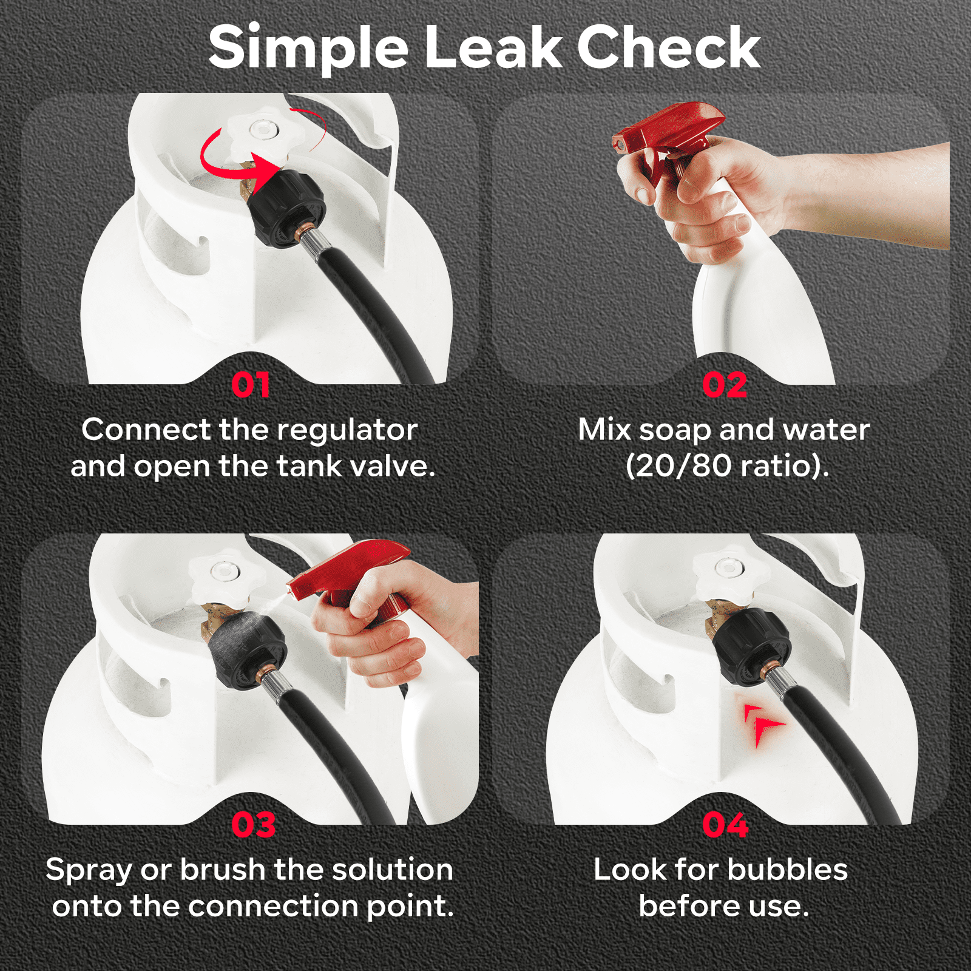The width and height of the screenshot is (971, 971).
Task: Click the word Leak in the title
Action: pyautogui.click(x=494, y=48)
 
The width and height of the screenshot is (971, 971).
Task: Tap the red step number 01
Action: pyautogui.click(x=251, y=385)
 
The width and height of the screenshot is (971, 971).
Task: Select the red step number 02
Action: pyautogui.click(x=725, y=385)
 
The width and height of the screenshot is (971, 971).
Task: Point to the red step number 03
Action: pyautogui.click(x=254, y=825)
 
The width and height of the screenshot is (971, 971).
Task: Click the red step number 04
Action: pyautogui.click(x=725, y=825)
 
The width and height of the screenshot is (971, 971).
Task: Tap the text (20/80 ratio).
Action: pyautogui.click(x=727, y=466)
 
